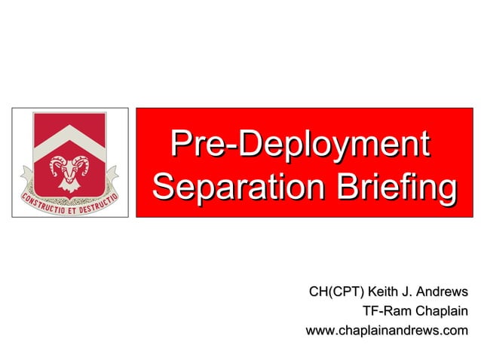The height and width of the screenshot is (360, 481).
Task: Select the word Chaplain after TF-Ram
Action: (436, 311)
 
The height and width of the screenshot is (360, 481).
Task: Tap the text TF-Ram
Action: (382, 311)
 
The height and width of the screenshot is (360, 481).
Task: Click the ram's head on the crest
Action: (69, 172)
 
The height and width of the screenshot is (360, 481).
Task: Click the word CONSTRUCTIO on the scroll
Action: (44, 204)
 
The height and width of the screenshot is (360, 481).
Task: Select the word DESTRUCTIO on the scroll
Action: (100, 203)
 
